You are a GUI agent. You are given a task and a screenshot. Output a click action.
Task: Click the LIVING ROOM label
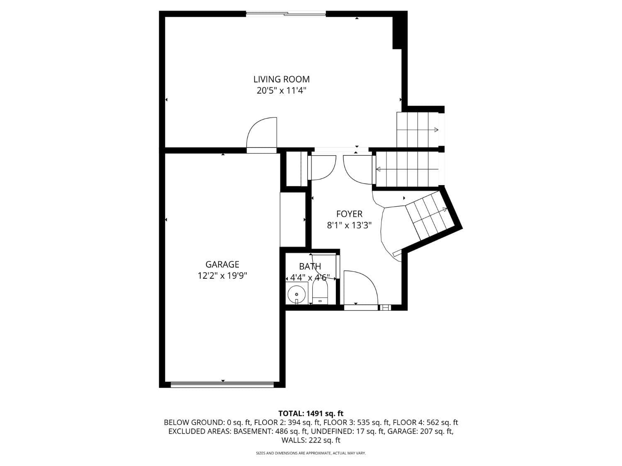[x=282, y=79]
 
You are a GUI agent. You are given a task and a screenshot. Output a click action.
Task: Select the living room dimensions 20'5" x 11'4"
[x=282, y=91]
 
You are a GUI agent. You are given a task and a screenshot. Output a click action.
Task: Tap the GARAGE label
[x=222, y=264]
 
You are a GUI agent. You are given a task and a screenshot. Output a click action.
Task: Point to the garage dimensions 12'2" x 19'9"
[x=222, y=275]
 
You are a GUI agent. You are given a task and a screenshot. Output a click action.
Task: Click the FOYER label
[x=350, y=214]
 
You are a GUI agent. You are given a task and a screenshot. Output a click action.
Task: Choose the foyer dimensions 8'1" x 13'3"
[x=349, y=225]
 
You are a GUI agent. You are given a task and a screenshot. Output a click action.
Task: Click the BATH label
[x=310, y=266]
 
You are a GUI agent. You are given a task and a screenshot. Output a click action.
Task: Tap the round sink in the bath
[x=296, y=294]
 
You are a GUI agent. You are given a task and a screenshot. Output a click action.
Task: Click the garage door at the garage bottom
[x=222, y=384]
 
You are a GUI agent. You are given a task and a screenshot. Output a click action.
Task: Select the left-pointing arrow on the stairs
[x=407, y=169]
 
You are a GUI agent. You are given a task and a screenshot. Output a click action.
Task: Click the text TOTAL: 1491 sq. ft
[x=311, y=413]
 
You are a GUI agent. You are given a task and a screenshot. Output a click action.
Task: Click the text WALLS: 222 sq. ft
[x=311, y=440]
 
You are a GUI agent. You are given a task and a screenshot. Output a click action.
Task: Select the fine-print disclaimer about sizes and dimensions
[x=311, y=453]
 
